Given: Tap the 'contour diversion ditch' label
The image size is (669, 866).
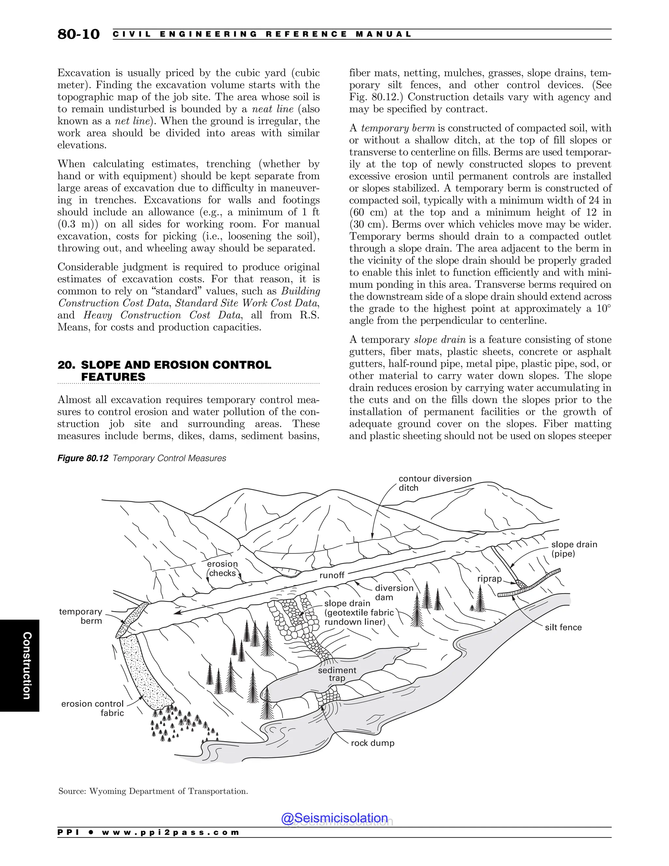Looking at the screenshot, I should (x=435, y=483).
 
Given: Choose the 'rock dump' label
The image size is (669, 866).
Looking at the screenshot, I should (x=372, y=743).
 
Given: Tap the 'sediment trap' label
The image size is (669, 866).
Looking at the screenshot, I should (x=337, y=674).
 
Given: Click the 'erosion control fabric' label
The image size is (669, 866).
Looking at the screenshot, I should (x=92, y=708).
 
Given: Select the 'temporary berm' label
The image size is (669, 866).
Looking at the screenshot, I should (x=80, y=616).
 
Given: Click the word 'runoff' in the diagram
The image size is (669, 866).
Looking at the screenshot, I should (x=332, y=575).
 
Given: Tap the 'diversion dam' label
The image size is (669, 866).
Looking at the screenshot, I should (x=394, y=592).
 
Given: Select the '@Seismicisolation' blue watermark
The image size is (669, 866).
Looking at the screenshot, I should (x=334, y=818).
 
